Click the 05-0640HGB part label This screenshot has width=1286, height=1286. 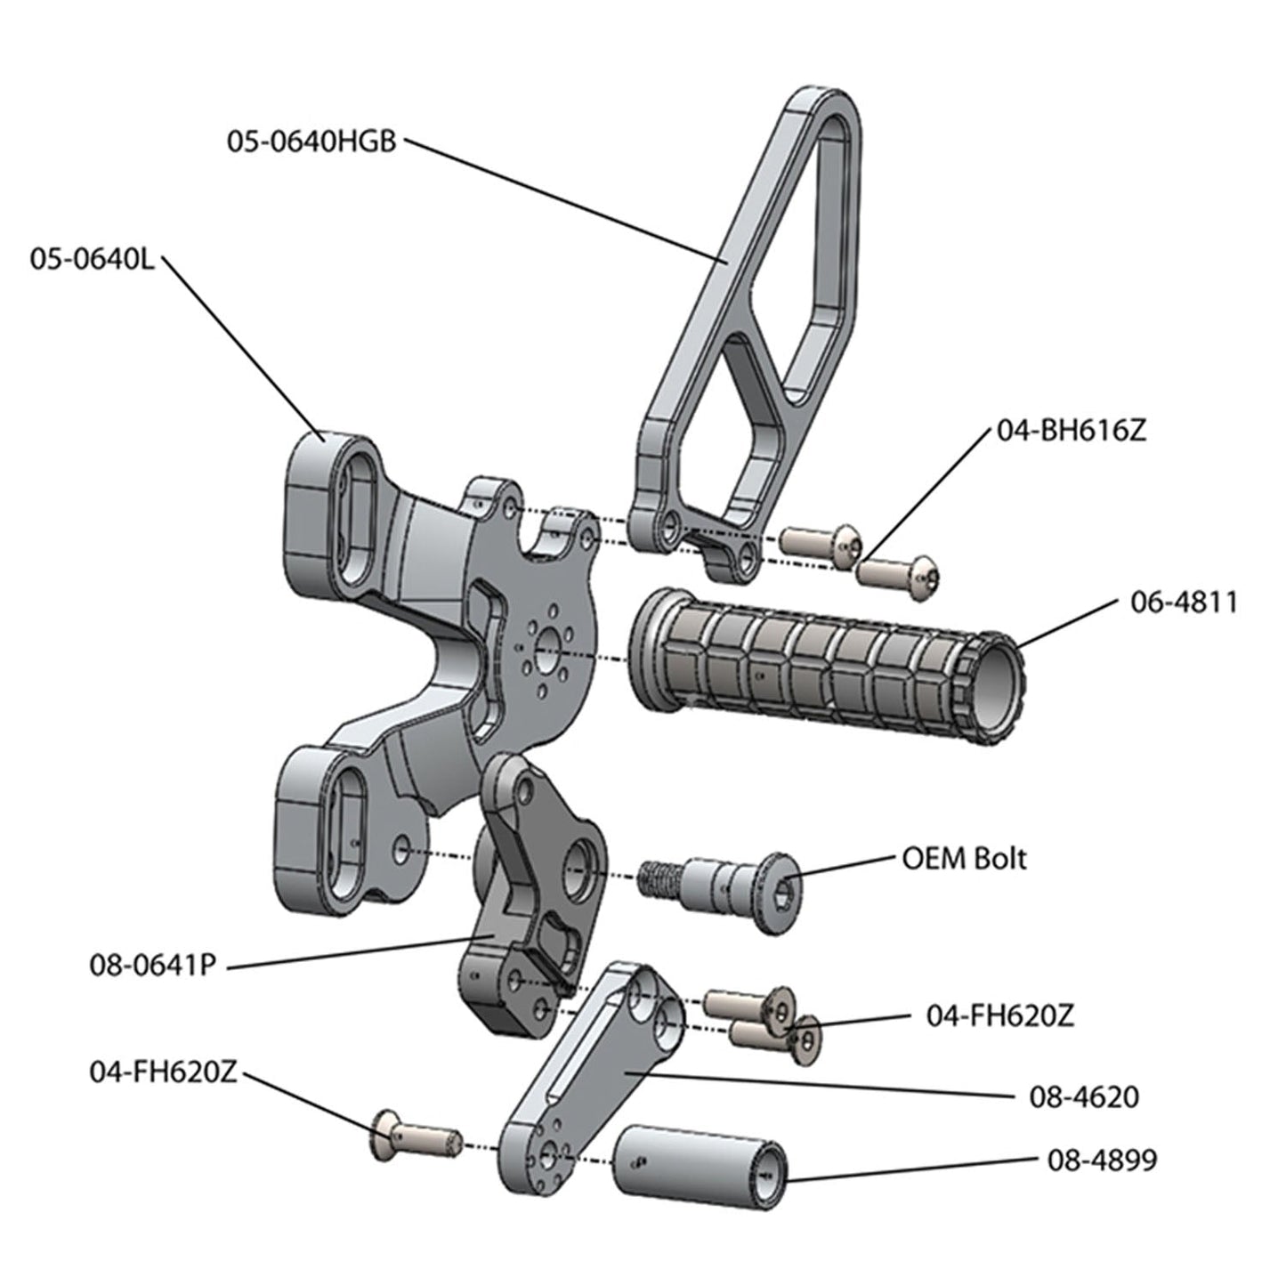click(x=311, y=142)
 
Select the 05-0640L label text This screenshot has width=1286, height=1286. click(x=92, y=262)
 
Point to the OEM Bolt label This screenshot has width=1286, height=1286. click(x=964, y=859)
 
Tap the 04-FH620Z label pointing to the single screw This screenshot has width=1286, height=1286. click(x=163, y=1072)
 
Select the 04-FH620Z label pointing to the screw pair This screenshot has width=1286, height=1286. click(x=1000, y=1016)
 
